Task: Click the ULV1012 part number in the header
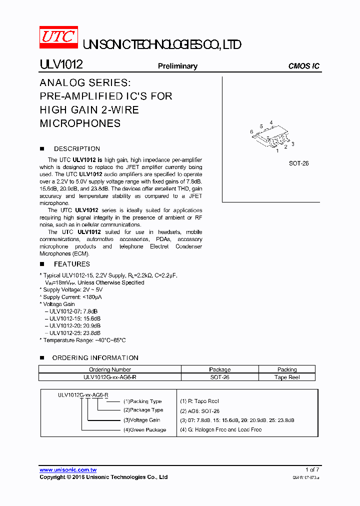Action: tap(61, 65)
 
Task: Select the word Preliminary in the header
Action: tap(177, 66)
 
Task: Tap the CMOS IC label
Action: tap(304, 66)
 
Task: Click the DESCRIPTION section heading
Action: tap(77, 148)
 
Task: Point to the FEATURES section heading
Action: tap(72, 264)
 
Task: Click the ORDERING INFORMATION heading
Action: tap(95, 357)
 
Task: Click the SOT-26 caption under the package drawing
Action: tap(298, 163)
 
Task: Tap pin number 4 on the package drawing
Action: tap(271, 122)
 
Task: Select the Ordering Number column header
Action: tap(110, 369)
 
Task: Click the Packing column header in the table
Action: tap(287, 369)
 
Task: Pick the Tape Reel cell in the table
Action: tap(287, 377)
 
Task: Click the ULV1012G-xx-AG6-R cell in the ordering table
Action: tap(110, 377)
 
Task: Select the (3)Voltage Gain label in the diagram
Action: tap(142, 420)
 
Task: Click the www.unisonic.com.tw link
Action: tap(68, 469)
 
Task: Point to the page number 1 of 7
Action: tap(312, 469)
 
